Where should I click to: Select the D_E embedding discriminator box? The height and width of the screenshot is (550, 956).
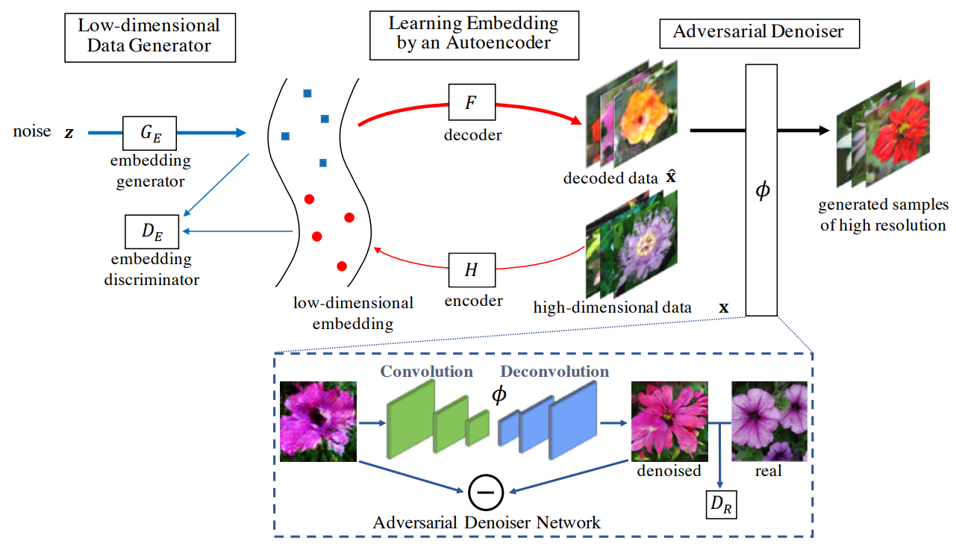coord(151,233)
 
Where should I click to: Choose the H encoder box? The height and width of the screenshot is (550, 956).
coord(471,270)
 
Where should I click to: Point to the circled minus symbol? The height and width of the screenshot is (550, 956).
coord(486,491)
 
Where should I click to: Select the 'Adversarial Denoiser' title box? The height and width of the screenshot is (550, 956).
coord(759,32)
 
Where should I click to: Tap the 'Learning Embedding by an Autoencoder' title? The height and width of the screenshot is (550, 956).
coord(473,33)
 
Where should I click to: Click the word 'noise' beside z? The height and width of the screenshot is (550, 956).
coord(32,132)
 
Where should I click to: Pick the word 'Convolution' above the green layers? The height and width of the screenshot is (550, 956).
coord(426,371)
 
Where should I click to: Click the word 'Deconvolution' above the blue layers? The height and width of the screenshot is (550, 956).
coord(554,371)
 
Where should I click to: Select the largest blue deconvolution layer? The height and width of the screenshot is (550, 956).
coord(573,420)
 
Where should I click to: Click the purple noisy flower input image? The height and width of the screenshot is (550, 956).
coord(317,422)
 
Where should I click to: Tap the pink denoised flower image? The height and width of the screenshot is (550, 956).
coord(669,422)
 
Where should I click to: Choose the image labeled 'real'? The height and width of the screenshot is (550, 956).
coord(769,422)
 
